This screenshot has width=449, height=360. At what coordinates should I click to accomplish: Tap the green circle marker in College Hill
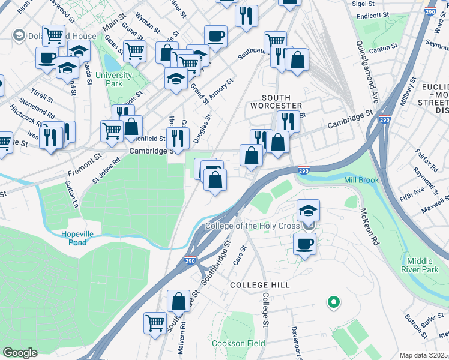pos(334,302)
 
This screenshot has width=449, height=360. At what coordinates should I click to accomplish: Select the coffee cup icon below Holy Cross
pos(304,243)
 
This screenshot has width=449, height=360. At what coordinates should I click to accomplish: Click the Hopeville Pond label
pos(82,238)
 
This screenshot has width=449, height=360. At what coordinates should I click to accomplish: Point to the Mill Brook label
pos(363,181)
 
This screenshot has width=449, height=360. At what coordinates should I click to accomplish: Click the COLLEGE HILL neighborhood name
pos(260,285)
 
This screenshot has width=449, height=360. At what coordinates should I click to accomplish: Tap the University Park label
pos(118,80)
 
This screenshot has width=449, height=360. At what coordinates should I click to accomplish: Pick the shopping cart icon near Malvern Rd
pos(155,322)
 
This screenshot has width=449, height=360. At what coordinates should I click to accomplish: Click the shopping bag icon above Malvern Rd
pos(179,301)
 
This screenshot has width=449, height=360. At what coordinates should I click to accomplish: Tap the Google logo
pos(20,352)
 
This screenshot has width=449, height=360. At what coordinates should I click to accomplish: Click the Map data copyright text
pos(424,355)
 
